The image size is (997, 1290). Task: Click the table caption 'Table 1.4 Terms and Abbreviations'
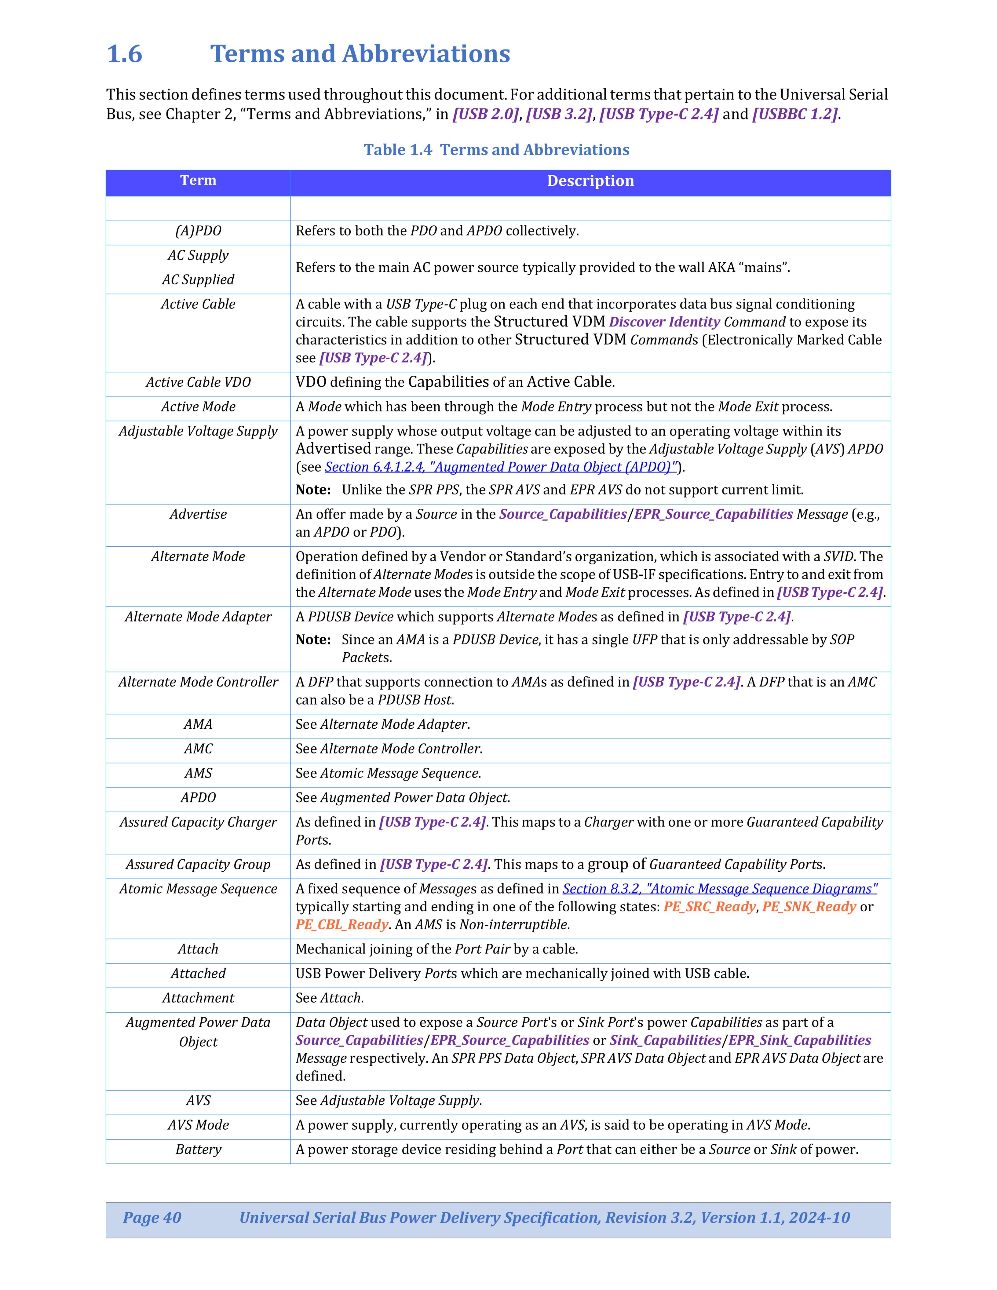click(x=496, y=150)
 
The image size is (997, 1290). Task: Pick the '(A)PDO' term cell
click(x=198, y=231)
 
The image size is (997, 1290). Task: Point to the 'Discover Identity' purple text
click(x=664, y=322)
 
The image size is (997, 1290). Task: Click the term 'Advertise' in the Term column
click(x=198, y=515)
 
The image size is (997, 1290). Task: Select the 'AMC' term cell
click(x=198, y=749)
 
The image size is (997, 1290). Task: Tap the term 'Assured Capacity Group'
click(x=198, y=865)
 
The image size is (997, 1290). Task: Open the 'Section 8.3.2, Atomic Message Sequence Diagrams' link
click(x=719, y=889)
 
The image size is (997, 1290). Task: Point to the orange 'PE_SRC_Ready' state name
click(x=709, y=907)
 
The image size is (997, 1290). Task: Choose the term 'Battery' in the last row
click(x=198, y=1150)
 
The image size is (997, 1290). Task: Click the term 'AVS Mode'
click(x=198, y=1125)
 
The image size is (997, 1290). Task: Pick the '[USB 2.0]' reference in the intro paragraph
click(x=485, y=114)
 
